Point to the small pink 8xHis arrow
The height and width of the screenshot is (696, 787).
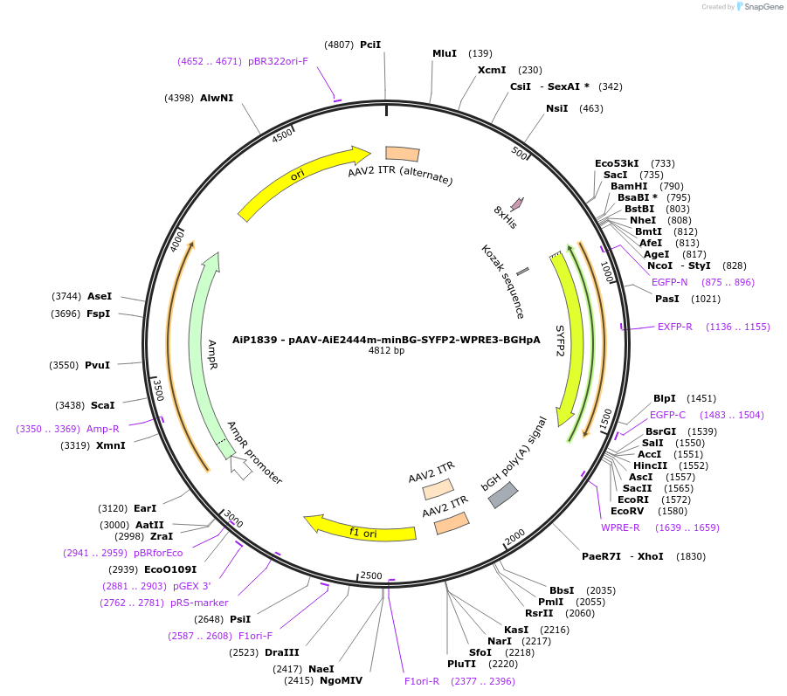point(517,204)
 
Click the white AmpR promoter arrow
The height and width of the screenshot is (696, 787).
point(242,468)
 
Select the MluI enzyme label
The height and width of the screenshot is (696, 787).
point(445,53)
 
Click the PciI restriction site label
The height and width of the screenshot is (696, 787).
point(370,44)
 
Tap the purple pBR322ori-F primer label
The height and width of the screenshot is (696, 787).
point(278,61)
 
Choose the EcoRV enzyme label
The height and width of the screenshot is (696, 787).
point(626,511)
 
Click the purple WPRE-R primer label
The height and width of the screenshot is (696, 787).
point(620,527)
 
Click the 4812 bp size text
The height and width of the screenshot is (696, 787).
point(386,350)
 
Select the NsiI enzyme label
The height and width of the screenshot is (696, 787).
point(556,108)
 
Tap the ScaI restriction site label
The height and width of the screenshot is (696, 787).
point(103,405)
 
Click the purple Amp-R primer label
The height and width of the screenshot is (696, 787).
point(103,429)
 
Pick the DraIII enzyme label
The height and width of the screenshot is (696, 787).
point(282,652)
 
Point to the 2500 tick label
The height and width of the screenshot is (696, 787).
point(371,575)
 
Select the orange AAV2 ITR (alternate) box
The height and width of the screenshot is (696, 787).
point(403,154)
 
